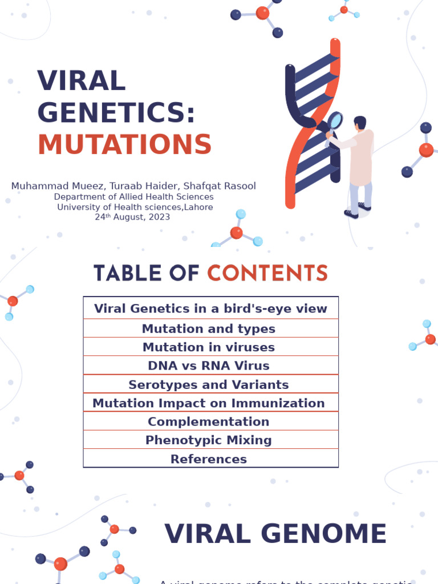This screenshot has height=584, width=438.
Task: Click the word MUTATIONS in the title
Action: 124,144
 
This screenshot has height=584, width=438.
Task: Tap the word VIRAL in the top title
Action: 81,81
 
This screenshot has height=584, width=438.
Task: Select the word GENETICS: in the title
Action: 116,112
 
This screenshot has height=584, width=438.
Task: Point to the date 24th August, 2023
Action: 132,217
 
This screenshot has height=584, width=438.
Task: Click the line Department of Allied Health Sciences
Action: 133,197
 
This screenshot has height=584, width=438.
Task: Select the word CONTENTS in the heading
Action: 267,273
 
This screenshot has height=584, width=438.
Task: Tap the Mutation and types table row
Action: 209,328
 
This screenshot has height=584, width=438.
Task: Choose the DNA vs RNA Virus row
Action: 209,366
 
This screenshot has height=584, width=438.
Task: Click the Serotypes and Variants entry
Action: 209,384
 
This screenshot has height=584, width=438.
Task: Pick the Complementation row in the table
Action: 209,421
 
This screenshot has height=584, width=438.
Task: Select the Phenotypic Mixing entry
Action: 209,440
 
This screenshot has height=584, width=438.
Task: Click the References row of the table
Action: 209,459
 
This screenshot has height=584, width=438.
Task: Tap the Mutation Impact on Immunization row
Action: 209,403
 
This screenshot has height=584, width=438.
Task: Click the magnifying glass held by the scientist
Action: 335,120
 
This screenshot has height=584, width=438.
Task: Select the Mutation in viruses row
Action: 209,347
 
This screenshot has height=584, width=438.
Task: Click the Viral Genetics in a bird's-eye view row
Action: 210,309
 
